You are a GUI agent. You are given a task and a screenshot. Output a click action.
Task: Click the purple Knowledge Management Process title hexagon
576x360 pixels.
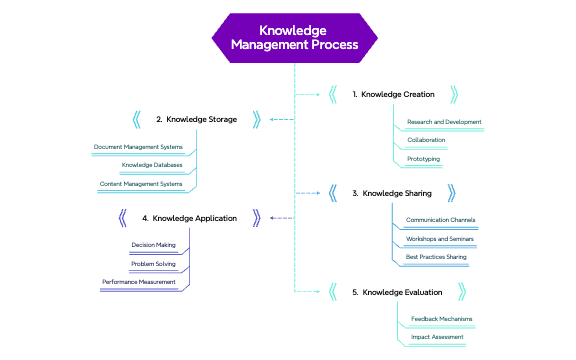[294, 38]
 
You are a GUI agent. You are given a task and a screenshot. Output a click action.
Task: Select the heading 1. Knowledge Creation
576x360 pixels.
[393, 94]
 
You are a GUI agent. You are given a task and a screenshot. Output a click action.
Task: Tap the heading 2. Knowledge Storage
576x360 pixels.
[196, 119]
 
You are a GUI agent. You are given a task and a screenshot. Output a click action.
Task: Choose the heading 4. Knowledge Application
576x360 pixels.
[189, 217]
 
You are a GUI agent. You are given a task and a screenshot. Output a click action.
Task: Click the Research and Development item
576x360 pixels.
[444, 122]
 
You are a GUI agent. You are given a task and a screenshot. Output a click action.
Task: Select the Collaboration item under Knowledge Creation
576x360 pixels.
[426, 140]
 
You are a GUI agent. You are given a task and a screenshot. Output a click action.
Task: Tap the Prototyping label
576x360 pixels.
[423, 159]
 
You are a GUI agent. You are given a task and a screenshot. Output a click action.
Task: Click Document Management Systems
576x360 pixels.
[138, 147]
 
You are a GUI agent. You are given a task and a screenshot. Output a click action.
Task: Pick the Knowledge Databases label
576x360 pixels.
[152, 165]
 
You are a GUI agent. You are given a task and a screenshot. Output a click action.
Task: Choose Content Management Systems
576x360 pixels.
[141, 184]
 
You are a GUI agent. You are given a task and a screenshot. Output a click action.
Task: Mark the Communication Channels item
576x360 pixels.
[440, 220]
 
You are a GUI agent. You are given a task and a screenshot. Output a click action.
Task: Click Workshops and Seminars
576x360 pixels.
[438, 239]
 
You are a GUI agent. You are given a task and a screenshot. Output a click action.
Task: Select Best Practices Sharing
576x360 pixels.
[436, 258]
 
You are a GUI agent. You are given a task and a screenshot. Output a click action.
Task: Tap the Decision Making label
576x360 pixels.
[154, 245]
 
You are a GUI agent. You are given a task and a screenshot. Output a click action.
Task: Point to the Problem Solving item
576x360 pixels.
[154, 264]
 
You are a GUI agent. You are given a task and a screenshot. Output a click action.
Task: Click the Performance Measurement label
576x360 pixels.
[139, 282]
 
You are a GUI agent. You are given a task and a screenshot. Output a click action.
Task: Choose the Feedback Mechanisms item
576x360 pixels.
[441, 319]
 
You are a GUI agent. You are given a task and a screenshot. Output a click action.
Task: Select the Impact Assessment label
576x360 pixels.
[437, 338]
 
